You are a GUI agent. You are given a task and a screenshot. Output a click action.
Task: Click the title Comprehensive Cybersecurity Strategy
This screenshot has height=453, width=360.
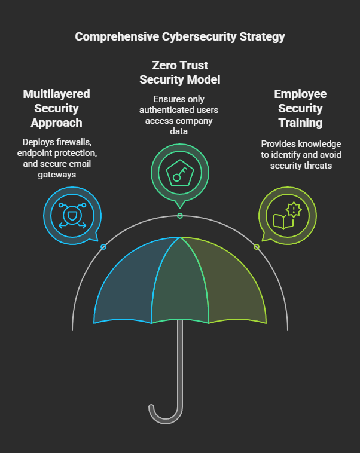coord(179,36)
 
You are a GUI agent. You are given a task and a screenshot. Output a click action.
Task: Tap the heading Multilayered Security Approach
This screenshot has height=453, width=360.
coord(56,108)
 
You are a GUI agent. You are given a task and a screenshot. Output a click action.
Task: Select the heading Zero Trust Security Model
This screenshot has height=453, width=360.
coord(179,72)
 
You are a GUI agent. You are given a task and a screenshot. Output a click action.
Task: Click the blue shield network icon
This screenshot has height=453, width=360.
coord(72,214)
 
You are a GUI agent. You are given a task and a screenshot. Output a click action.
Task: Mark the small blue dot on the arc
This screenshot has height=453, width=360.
coord(103,247)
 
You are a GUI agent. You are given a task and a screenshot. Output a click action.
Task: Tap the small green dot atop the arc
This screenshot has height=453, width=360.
coord(180,216)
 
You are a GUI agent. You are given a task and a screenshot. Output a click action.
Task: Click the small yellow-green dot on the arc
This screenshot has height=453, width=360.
coord(257,247)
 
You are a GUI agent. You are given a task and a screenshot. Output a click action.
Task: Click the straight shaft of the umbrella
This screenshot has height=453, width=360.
coord(180,365)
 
